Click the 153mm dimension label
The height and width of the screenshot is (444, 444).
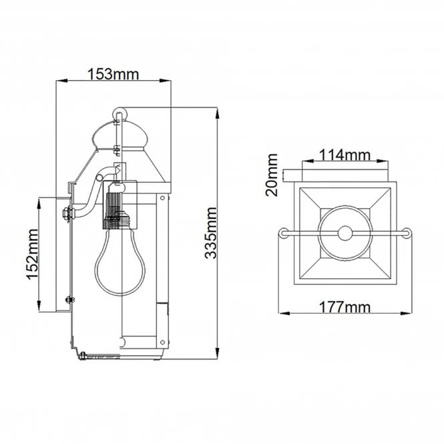(113, 73)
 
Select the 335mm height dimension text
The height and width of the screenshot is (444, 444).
(212, 232)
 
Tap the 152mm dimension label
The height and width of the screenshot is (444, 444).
(31, 254)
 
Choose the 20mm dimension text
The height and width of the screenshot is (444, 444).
(272, 175)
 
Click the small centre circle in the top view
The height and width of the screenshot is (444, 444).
(345, 233)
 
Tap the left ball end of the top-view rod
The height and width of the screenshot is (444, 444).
(284, 233)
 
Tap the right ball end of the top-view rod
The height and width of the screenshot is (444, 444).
(405, 233)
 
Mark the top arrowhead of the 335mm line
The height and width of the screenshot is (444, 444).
(218, 111)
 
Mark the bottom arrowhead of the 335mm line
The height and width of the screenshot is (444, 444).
(218, 355)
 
